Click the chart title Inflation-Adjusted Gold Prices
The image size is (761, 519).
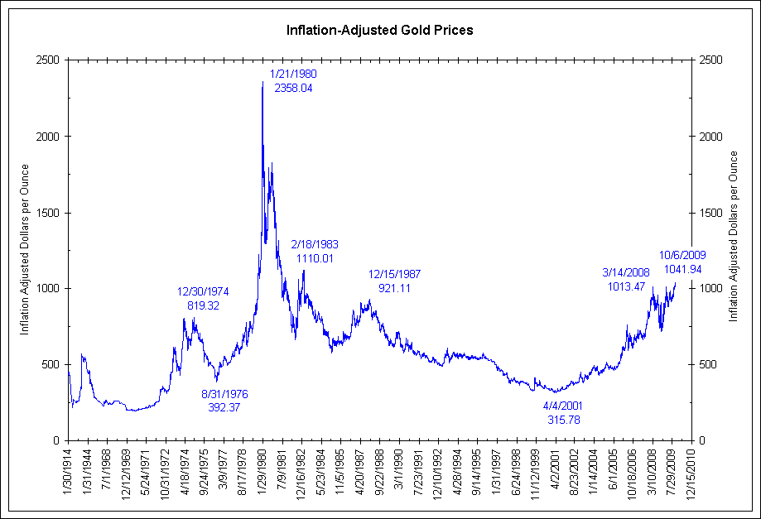tap(379, 31)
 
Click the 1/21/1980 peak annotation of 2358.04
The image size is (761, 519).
tap(293, 80)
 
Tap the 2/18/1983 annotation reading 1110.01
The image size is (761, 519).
tap(315, 252)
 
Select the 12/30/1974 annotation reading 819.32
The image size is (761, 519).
tap(203, 298)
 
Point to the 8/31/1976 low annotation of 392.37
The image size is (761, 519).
tap(224, 401)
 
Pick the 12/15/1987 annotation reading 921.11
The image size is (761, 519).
tap(395, 281)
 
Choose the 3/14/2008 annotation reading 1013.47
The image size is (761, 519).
tap(626, 280)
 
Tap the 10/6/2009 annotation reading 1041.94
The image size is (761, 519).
tap(682, 262)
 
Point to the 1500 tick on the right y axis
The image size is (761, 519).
tap(710, 213)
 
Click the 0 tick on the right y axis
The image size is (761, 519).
tap(702, 441)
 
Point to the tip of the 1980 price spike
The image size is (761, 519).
tap(262, 82)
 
